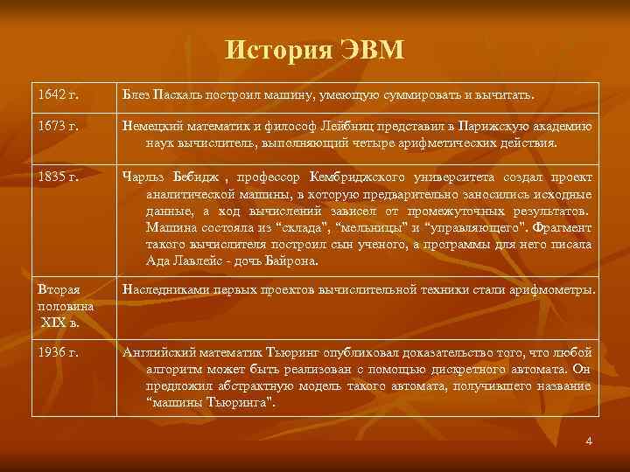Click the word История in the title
coord(276,50)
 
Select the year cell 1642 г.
coord(58,93)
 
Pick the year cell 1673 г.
coord(58,126)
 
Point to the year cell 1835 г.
coord(58,177)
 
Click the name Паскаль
coord(178,93)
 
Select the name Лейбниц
coord(330,126)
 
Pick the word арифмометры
coord(551,288)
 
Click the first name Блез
coord(137,93)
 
